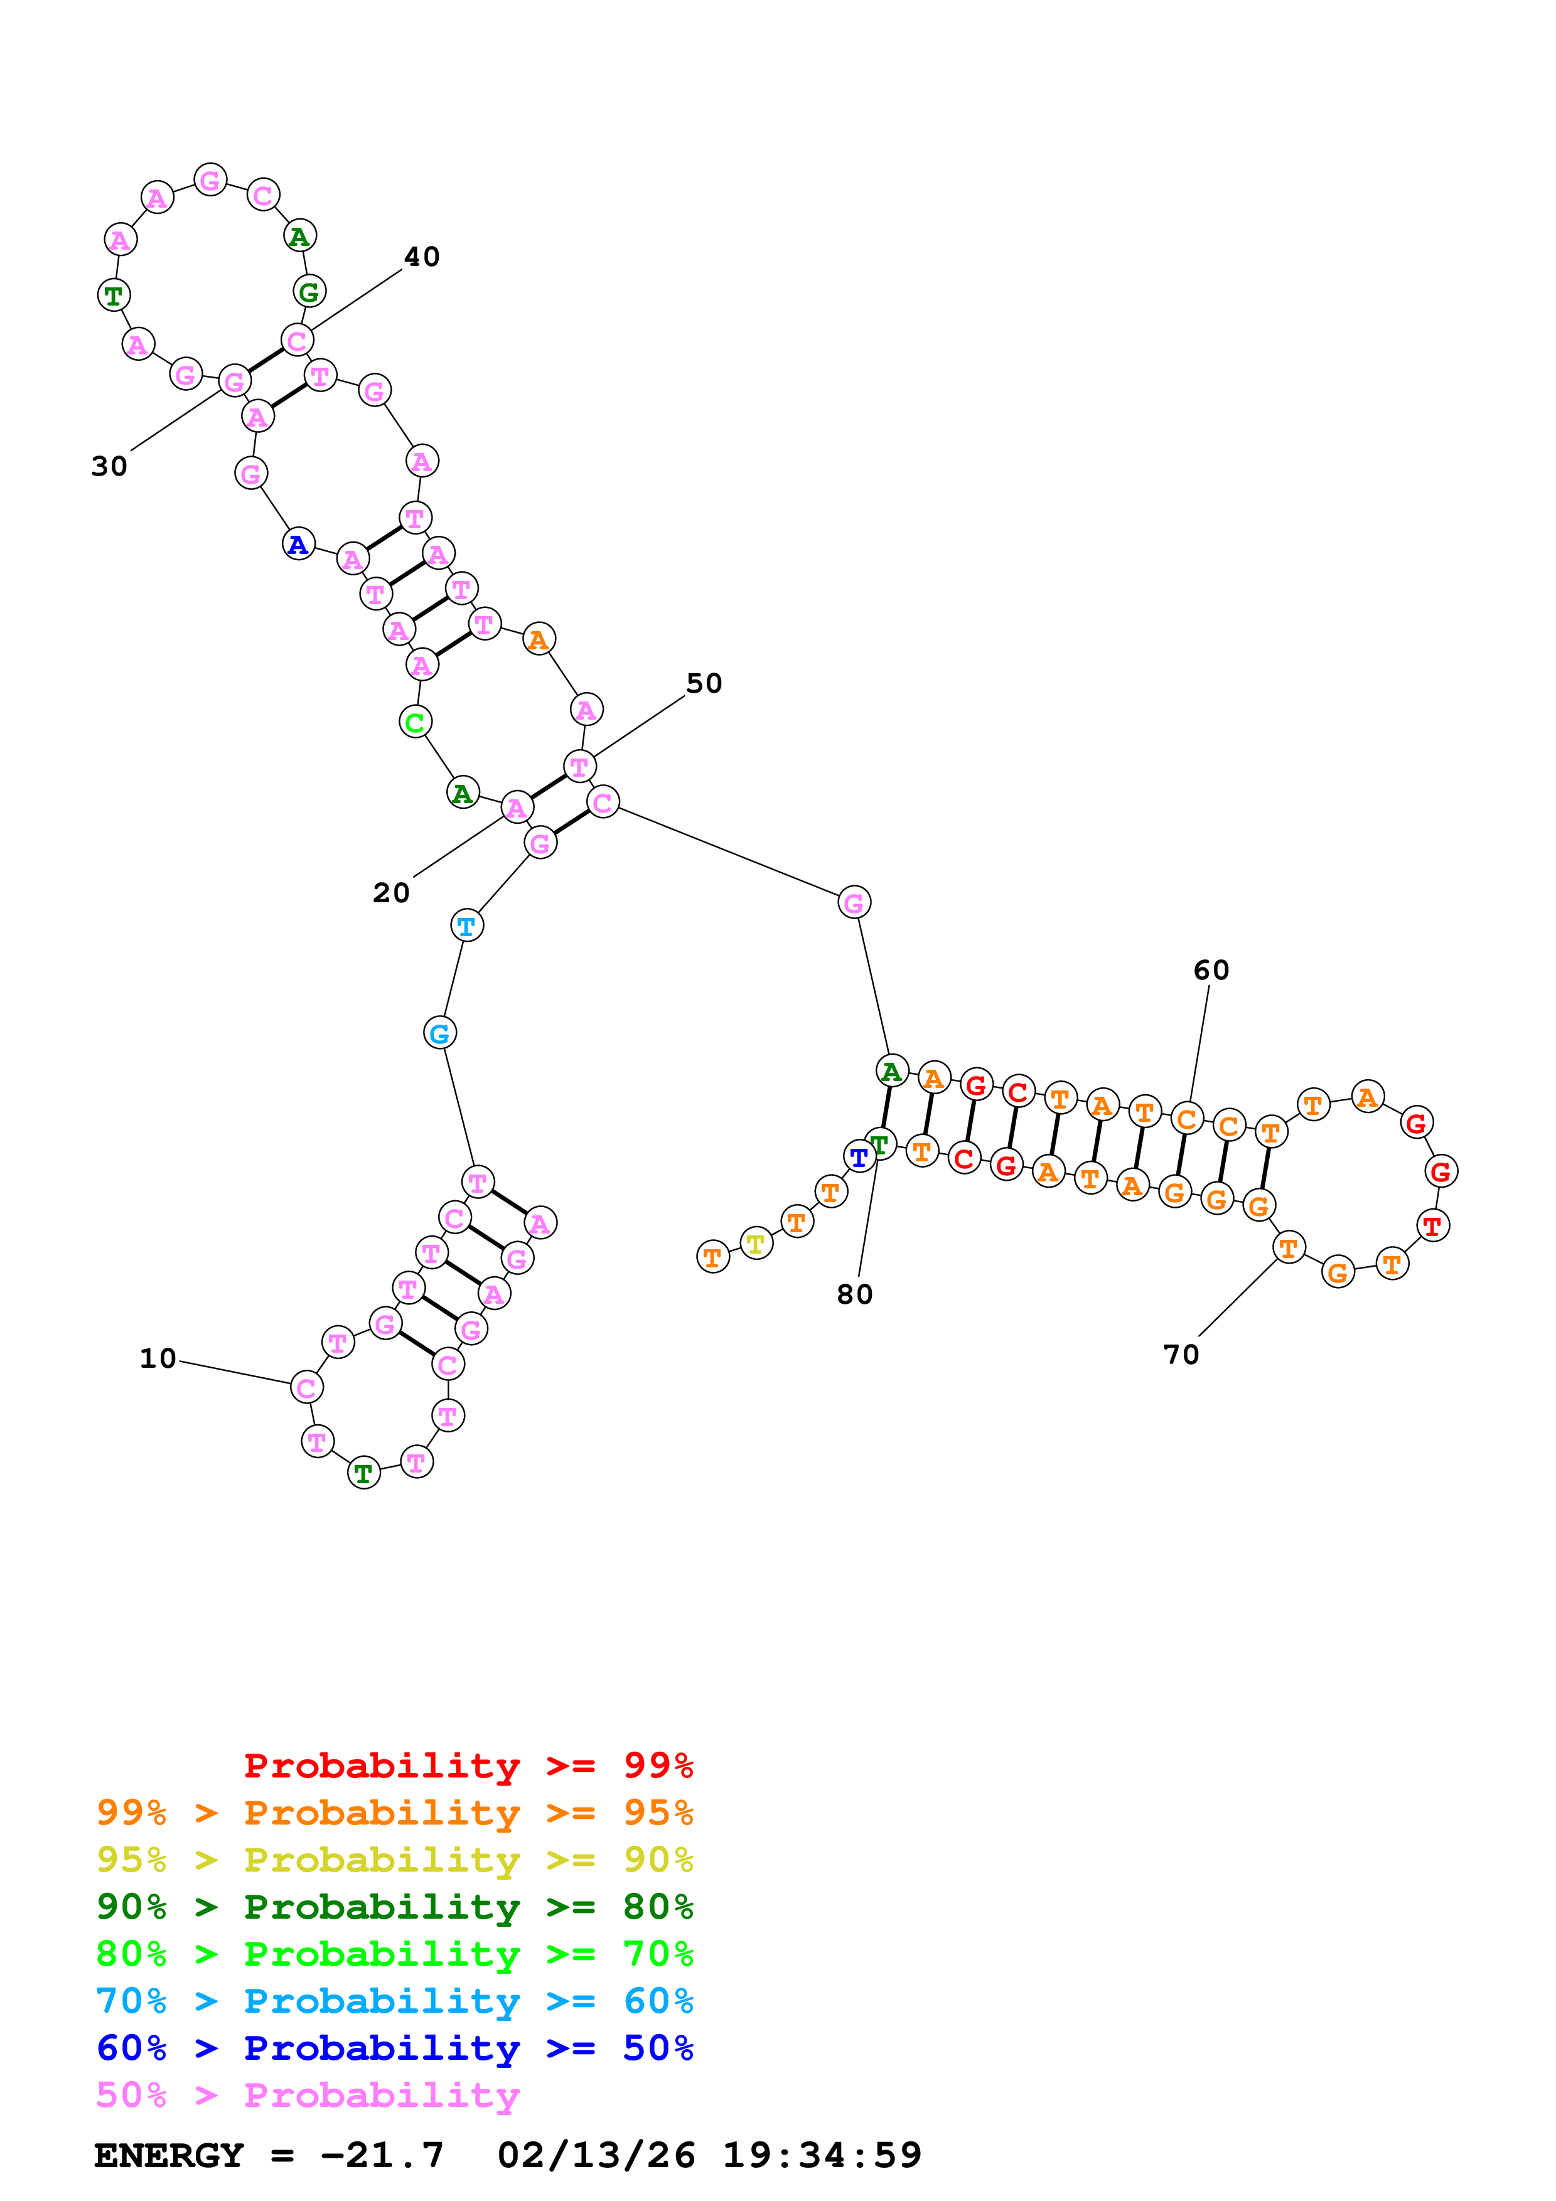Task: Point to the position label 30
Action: point(109,466)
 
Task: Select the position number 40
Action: point(422,257)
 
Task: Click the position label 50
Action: point(704,683)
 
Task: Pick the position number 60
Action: point(1211,970)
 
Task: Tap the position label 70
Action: point(1181,1355)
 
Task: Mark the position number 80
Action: point(854,1294)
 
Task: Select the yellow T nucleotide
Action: point(756,1244)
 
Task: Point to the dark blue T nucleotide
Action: point(859,1157)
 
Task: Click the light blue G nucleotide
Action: point(439,1033)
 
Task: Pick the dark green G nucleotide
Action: point(309,291)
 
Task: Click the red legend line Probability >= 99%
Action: point(468,1765)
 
